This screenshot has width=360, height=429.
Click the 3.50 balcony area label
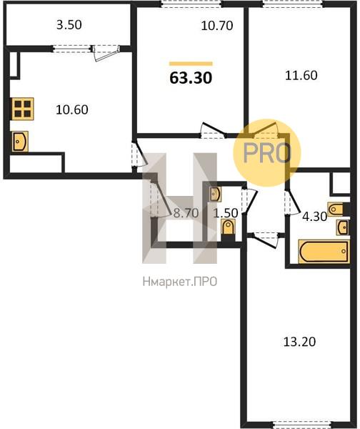coord(69,25)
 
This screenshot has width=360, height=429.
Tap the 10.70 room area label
coord(217,26)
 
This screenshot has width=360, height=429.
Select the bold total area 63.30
coord(191,78)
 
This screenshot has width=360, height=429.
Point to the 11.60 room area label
coord(301,75)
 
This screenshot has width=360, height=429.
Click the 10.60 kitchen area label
coord(72,109)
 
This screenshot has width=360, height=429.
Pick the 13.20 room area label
coord(299,342)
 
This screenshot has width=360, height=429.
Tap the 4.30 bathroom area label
coord(314,217)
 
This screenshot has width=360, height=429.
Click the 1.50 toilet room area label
coord(226,213)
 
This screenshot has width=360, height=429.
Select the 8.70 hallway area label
coord(186,213)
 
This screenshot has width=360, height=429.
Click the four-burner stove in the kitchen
coord(23,109)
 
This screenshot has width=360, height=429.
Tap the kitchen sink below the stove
coord(20,141)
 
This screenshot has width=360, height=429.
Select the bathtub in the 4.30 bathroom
coord(324,252)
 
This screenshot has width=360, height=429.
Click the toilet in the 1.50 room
coord(228,227)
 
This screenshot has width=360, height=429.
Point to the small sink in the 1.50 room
coord(215,194)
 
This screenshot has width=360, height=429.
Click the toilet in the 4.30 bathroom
coord(335,209)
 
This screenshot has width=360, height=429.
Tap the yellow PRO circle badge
coord(267,153)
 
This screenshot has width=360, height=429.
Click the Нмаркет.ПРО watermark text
coord(180,282)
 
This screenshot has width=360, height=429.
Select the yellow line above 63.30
coord(191,64)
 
